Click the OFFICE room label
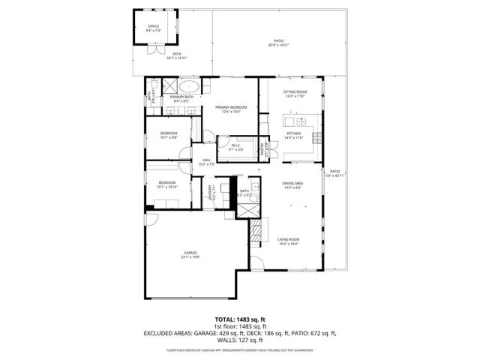pyautogui.click(x=153, y=26)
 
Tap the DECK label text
pyautogui.click(x=177, y=53)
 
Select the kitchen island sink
pyautogui.click(x=298, y=121)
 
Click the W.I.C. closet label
pyautogui.click(x=235, y=145)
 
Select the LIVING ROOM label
pyautogui.click(x=289, y=239)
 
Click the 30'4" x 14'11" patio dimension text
pyautogui.click(x=278, y=46)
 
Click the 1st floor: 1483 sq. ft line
pyautogui.click(x=240, y=326)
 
